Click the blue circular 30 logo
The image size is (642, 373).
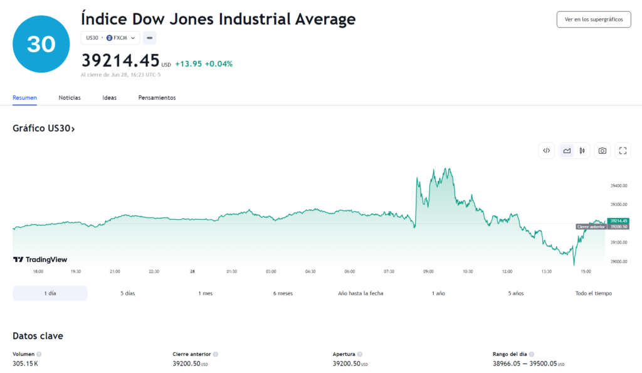41,44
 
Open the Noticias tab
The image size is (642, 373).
70,97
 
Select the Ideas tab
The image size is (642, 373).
109,97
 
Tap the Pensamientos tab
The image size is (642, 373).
157,97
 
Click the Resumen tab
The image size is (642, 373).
24,97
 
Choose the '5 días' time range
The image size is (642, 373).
128,293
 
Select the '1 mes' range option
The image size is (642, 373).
206,293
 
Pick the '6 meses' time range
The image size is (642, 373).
283,293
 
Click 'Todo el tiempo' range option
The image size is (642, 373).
593,293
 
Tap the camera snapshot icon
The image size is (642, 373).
603,151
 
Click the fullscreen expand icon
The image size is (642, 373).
623,151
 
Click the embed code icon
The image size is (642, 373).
547,151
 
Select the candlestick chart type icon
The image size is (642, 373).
582,151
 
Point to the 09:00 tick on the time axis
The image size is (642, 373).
428,271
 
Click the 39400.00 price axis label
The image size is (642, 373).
619,186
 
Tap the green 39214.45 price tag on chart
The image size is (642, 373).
618,221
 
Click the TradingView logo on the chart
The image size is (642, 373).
40,259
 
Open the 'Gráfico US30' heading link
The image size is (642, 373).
44,128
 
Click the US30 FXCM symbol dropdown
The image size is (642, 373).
110,38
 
